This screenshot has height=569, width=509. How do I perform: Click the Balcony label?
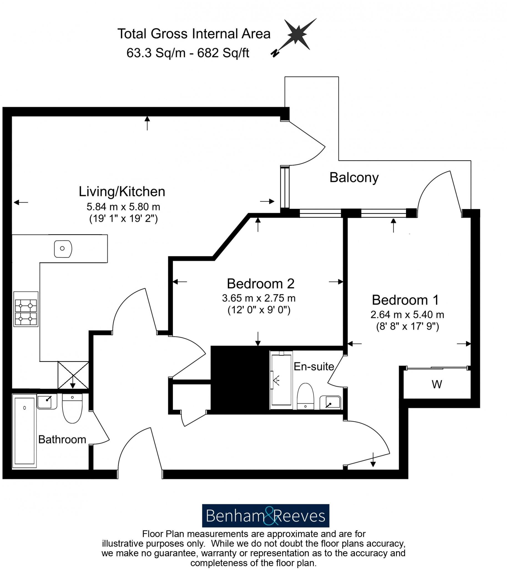click(x=354, y=178)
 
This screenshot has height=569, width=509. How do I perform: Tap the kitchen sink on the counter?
click(x=63, y=248)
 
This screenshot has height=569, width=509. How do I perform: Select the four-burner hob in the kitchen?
click(x=26, y=309)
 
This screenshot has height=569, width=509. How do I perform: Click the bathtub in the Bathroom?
click(x=25, y=431)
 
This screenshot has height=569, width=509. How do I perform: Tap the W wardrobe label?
click(x=437, y=385)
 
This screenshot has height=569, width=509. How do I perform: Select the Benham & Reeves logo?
click(x=265, y=516)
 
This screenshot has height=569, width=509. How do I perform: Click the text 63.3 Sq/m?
click(x=156, y=53)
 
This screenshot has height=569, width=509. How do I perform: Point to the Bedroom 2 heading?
click(x=260, y=284)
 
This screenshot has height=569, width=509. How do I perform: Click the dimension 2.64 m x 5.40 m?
click(x=407, y=315)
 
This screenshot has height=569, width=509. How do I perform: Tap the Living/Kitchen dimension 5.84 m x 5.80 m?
click(x=123, y=207)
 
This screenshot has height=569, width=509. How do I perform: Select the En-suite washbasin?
click(x=330, y=402)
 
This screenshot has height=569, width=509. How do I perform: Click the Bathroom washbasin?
click(x=47, y=401)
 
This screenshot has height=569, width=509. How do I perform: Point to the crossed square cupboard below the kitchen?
click(x=73, y=375)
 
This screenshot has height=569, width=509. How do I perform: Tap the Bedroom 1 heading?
click(x=405, y=300)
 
